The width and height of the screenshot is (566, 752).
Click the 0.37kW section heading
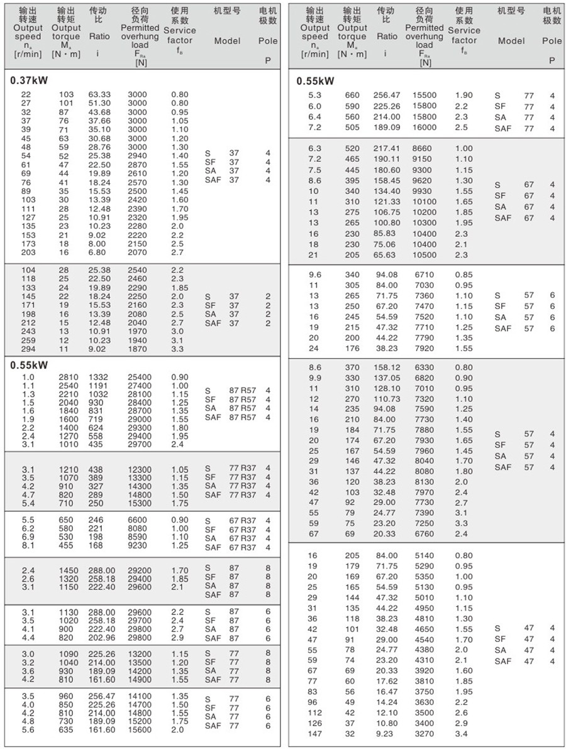coord(30,82)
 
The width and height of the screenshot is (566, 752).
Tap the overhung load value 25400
coord(137,377)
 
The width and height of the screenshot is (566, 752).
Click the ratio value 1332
coord(98,377)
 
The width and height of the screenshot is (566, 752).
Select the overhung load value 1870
coord(137,349)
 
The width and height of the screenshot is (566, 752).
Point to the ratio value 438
coord(96,470)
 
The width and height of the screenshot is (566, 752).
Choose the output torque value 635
coord(66,730)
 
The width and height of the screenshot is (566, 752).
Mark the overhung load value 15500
coord(425,95)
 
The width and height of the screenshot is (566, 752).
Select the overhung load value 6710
coord(425,275)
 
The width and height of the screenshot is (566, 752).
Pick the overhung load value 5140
coord(425,555)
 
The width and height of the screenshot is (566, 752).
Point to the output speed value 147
coord(314,734)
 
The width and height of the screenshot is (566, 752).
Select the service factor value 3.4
coord(462,734)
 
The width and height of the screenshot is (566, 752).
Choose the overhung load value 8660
coord(425,149)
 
